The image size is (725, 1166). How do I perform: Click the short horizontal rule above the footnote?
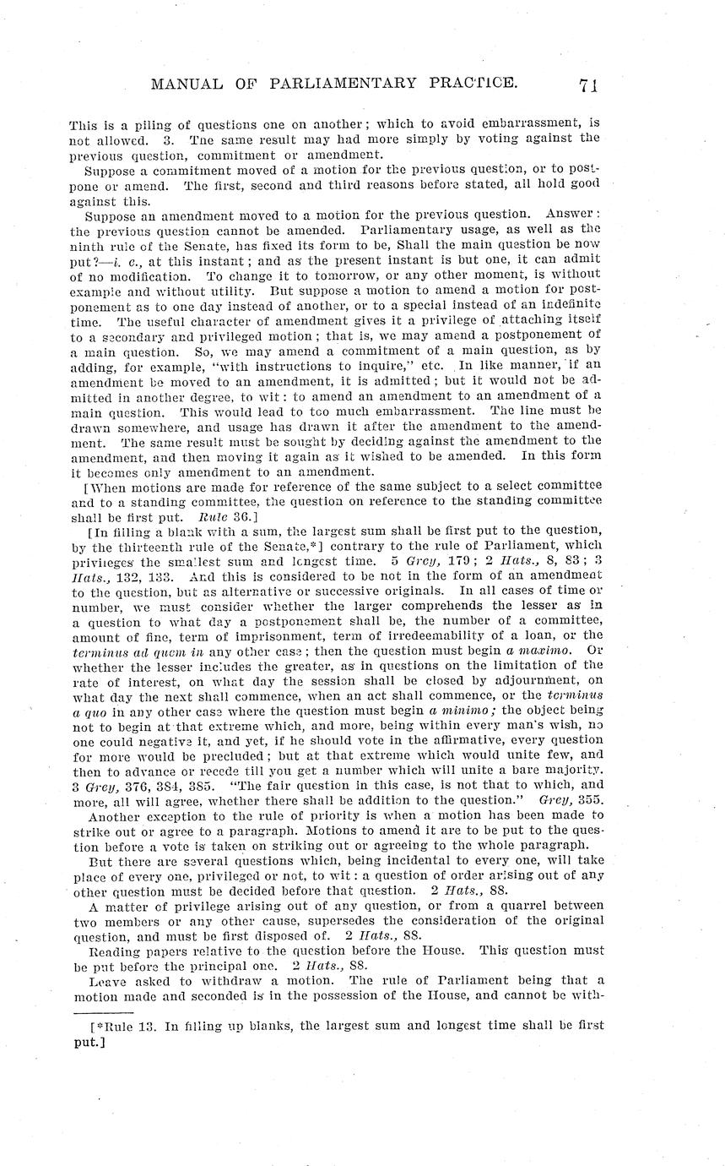click(x=101, y=1011)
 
